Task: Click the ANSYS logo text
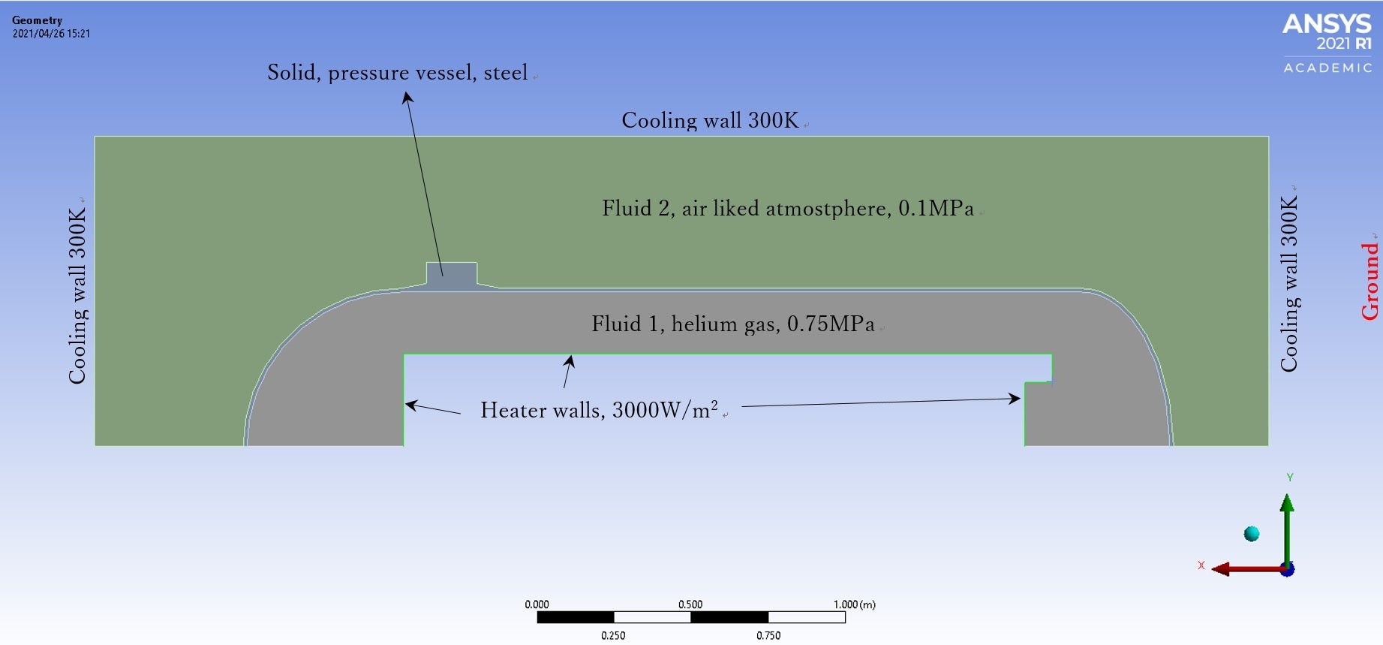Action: point(1327,24)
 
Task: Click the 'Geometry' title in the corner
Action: point(37,20)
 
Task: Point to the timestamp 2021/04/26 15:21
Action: point(51,34)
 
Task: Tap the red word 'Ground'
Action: point(1370,280)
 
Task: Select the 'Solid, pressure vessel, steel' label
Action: point(398,73)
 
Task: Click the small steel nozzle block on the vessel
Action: point(451,273)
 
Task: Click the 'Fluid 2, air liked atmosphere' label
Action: point(787,208)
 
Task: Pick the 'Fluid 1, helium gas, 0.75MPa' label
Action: point(732,324)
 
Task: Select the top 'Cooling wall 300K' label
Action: point(710,120)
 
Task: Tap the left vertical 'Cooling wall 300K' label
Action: point(77,296)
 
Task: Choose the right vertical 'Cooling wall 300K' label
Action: point(1288,283)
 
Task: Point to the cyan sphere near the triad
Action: point(1251,534)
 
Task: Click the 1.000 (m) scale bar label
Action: point(854,604)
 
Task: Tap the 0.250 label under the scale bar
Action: point(613,635)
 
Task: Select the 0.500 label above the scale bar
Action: point(690,604)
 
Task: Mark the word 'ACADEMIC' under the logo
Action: point(1327,68)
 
